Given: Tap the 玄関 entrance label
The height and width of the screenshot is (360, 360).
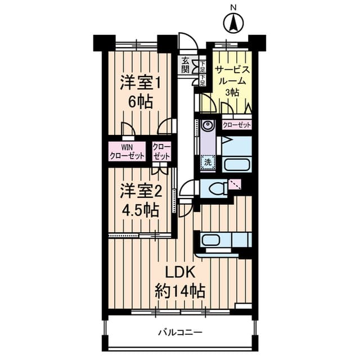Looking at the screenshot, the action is [185, 65].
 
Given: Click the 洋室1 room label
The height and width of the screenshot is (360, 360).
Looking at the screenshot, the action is [141, 83].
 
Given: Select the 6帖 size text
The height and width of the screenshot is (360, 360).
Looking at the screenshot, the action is [140, 102].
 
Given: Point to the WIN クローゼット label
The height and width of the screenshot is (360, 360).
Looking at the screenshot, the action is [127, 151].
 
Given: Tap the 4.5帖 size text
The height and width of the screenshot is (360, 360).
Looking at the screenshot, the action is [140, 210].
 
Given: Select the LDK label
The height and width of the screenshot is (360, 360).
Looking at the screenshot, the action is [180, 273].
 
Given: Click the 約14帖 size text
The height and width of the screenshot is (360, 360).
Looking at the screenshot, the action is [180, 291].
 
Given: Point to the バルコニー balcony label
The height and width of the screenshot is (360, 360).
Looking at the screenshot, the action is [181, 332].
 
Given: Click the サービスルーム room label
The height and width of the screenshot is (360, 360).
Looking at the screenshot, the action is [232, 75].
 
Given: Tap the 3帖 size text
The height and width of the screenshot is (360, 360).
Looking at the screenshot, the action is [232, 92].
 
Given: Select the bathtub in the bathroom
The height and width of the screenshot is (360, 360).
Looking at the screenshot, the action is [237, 165].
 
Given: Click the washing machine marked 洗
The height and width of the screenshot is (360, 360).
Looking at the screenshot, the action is [208, 163].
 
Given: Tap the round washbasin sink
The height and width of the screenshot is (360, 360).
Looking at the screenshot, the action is [208, 125].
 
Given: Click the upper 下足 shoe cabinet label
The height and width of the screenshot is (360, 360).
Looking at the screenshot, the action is [202, 67].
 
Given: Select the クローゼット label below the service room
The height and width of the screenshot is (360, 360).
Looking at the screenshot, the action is [237, 125].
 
